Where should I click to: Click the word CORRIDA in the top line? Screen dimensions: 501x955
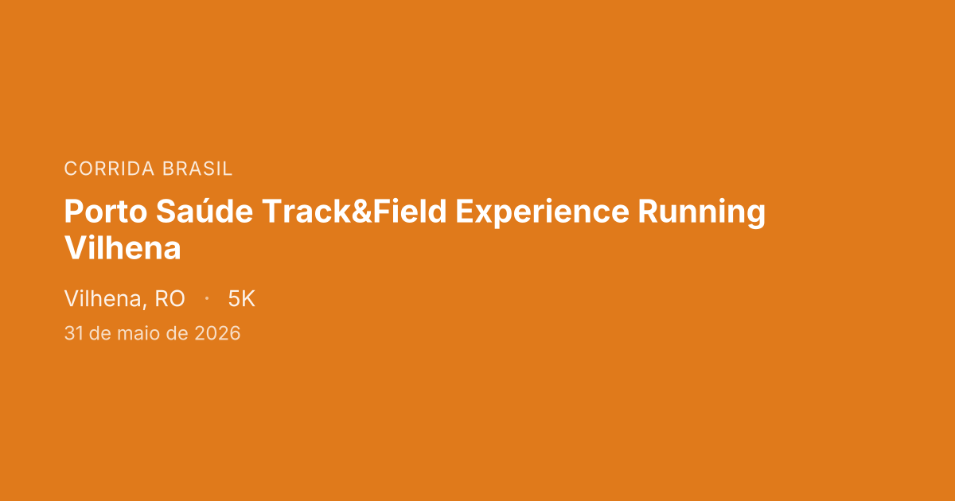tap(110, 169)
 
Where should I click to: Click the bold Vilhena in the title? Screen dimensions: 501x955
tap(123, 249)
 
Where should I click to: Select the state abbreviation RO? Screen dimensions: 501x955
tap(170, 299)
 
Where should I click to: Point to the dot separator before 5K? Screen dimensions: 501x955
tap(207, 299)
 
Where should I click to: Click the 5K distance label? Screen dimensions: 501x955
tap(241, 299)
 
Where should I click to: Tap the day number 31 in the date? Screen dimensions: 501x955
tap(73, 334)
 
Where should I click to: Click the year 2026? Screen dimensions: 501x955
tap(217, 334)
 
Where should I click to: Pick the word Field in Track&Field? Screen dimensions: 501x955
tap(415, 213)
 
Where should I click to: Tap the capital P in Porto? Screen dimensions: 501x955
tap(73, 213)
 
